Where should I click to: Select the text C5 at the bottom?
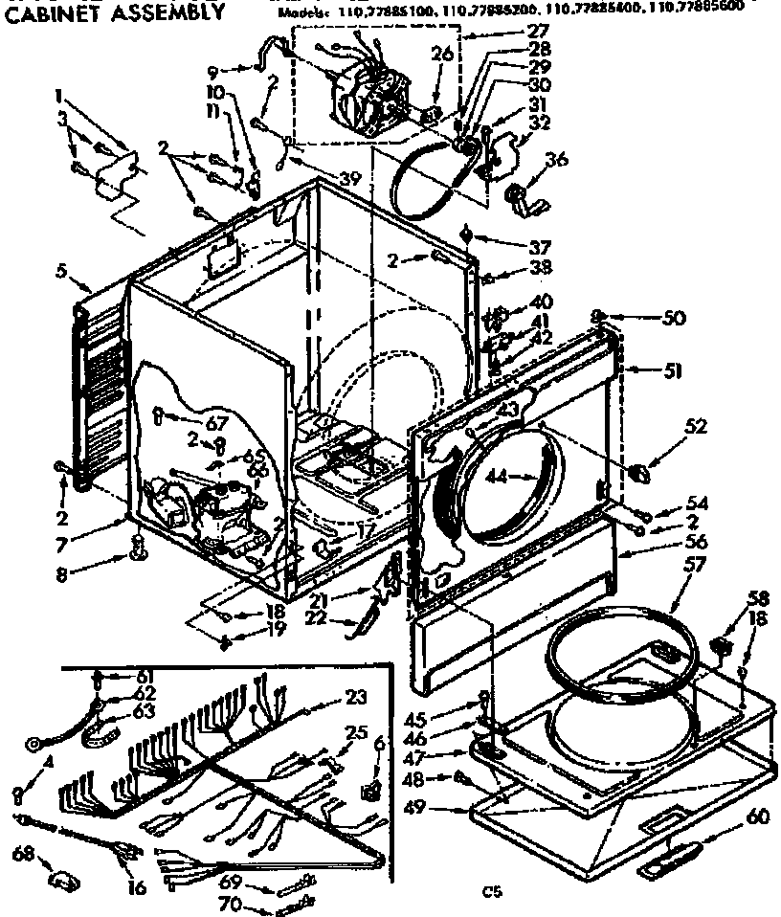(491, 892)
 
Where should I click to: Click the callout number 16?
(137, 887)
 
